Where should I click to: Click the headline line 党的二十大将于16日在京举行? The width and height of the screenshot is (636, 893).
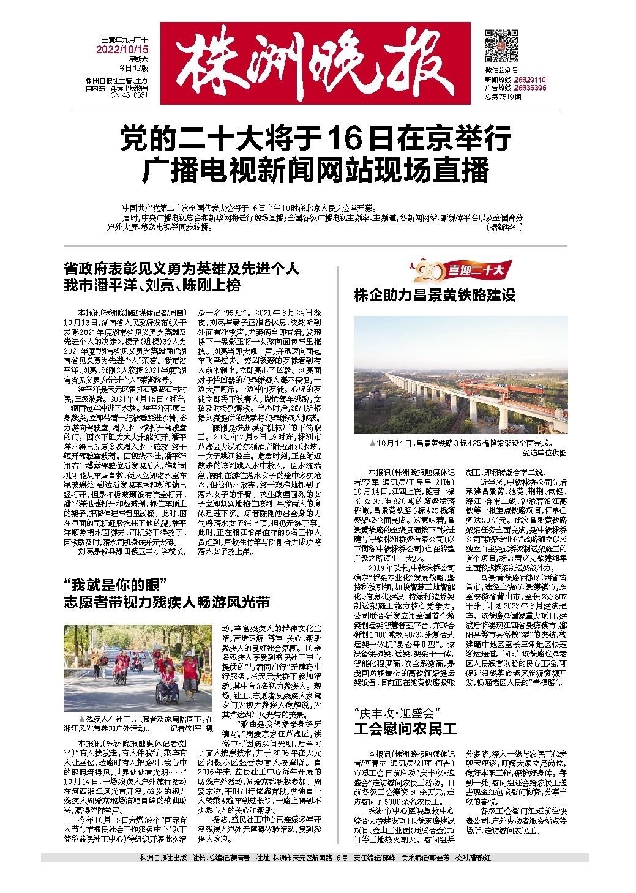[x=315, y=139]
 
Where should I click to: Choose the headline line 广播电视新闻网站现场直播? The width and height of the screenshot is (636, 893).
[x=316, y=170]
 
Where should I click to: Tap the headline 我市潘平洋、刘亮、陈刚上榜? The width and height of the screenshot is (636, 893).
[x=152, y=285]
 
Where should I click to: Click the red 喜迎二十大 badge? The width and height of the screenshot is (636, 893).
[x=459, y=269]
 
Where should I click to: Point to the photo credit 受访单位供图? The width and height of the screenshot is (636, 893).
[x=544, y=453]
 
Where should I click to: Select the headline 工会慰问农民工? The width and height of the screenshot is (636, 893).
[x=405, y=730]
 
